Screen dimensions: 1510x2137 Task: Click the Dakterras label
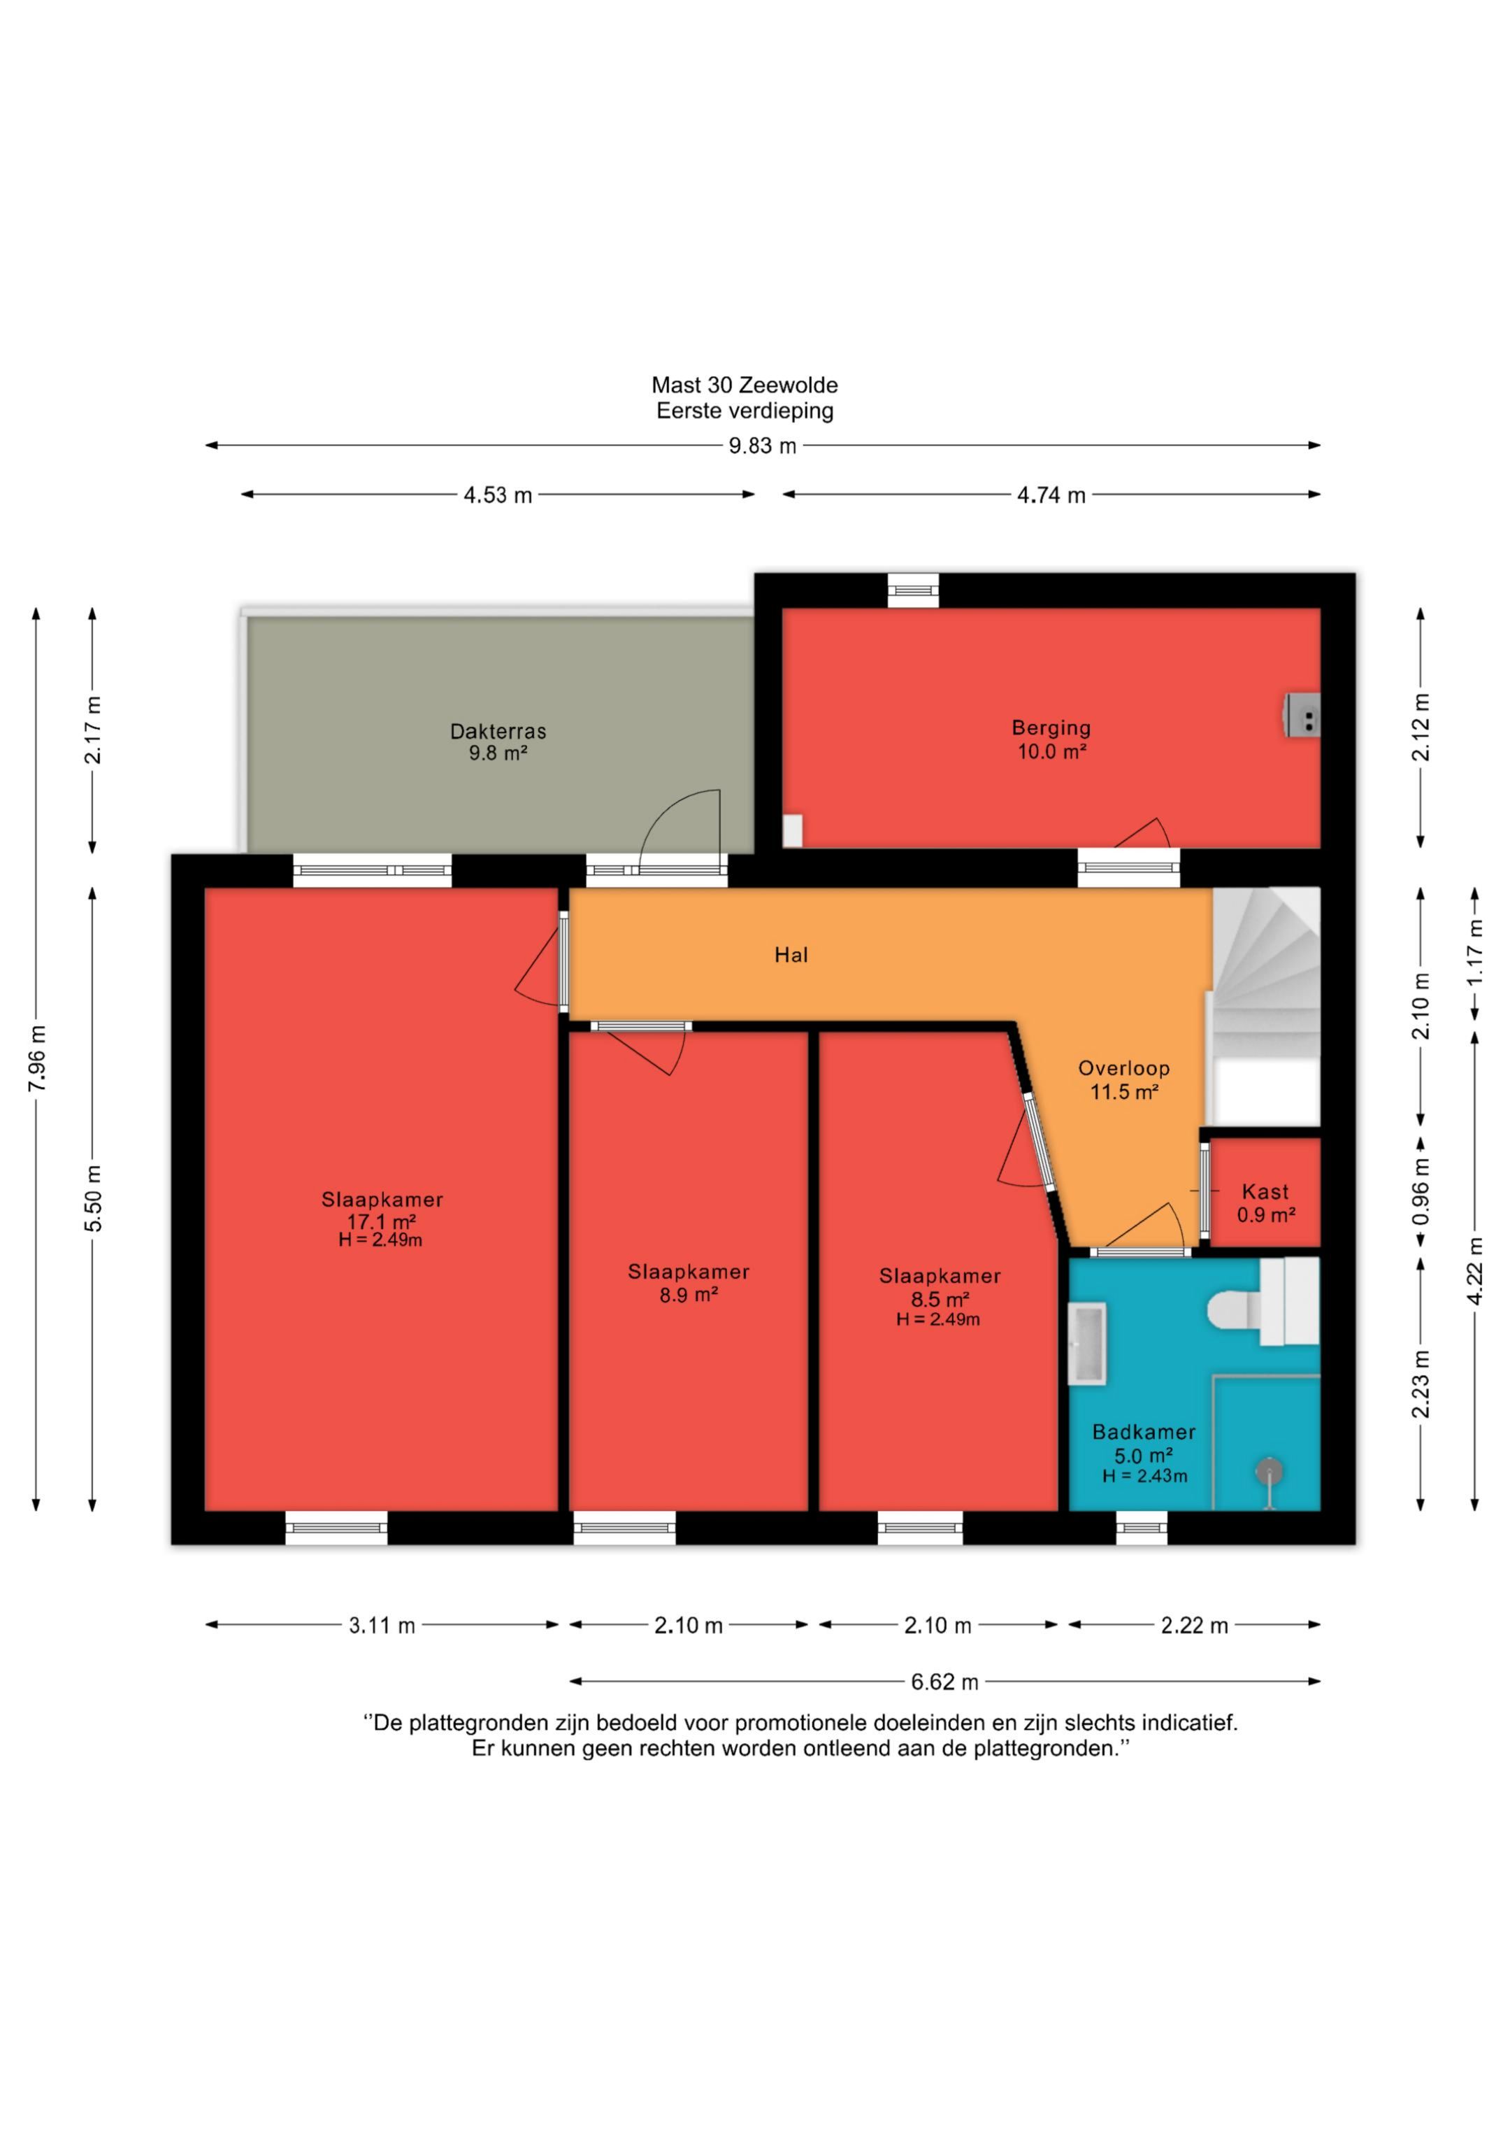pos(498,732)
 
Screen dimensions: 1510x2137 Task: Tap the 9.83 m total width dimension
pos(763,446)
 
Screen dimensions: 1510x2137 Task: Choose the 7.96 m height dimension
pos(37,1058)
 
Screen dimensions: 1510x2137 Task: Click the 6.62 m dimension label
pos(944,1682)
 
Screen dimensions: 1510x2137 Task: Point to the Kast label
pos(1265,1191)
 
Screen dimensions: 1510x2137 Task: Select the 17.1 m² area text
pos(382,1221)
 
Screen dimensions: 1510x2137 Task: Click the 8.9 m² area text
pos(689,1295)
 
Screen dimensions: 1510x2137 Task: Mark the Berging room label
pos(1051,728)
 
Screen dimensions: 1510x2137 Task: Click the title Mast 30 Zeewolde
pos(745,385)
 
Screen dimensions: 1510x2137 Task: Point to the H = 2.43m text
pos(1144,1476)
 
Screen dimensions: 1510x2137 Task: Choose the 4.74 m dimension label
pos(1051,495)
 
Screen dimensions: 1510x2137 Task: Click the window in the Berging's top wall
pos(913,590)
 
